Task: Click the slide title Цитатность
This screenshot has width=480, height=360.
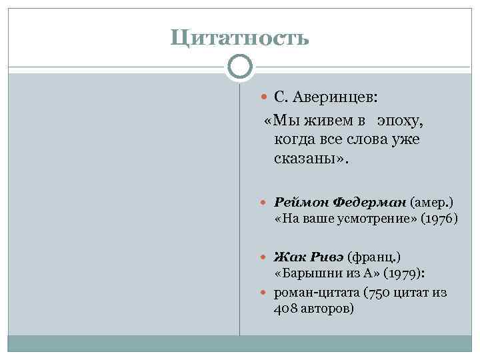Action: click(x=240, y=37)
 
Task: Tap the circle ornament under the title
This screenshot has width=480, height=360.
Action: click(x=240, y=67)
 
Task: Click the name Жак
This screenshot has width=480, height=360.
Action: click(x=287, y=257)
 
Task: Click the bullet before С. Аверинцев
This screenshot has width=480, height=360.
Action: click(x=265, y=98)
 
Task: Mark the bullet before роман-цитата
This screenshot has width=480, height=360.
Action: click(x=265, y=293)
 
